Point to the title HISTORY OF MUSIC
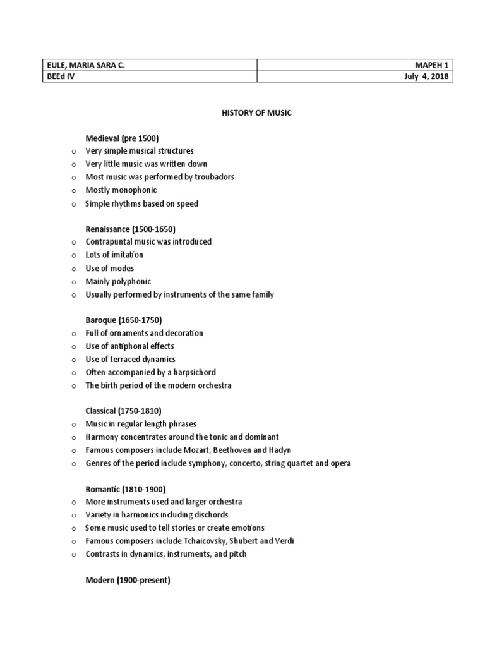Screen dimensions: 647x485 pos(256,112)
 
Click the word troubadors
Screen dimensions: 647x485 pos(213,177)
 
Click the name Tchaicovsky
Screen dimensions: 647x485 pos(207,541)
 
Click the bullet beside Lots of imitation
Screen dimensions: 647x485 pos(73,255)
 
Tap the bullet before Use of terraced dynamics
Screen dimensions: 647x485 pos(73,360)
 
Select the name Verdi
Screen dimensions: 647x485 pos(284,541)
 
